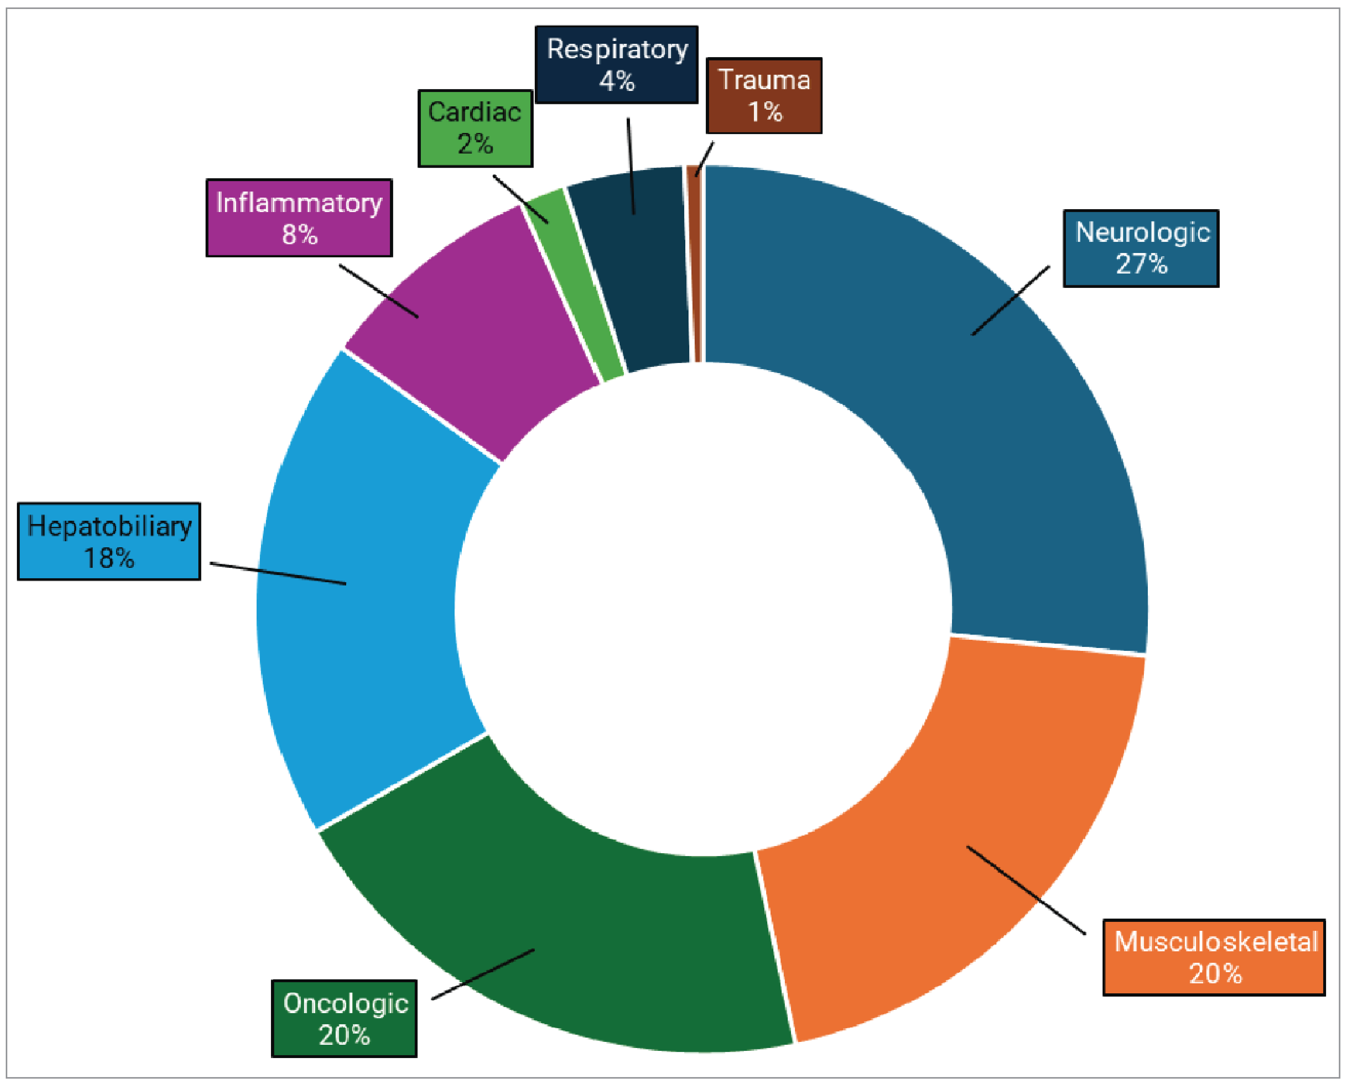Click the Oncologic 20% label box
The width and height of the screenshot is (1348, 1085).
(344, 1018)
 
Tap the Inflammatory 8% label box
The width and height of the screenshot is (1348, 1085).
(299, 218)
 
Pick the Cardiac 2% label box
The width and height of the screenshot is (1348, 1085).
(475, 128)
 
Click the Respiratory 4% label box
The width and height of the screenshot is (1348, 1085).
(616, 64)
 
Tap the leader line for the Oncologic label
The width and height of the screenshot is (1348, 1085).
(483, 974)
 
